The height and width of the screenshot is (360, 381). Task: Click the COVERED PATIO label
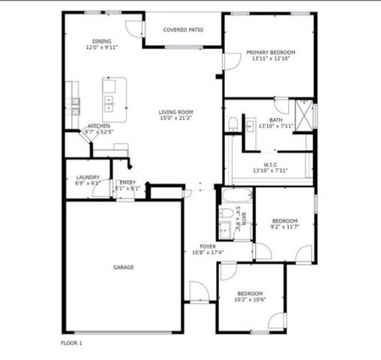click(183, 31)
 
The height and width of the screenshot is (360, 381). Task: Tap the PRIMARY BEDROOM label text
click(271, 52)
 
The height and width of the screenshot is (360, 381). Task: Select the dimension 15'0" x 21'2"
click(175, 118)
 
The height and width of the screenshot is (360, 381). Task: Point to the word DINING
click(101, 41)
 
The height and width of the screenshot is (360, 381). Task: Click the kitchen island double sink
click(109, 100)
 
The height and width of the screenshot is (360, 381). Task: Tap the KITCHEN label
click(100, 126)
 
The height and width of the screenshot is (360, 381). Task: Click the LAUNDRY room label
click(88, 177)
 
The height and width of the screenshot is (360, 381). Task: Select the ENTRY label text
click(127, 182)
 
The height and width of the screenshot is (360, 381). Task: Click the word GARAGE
click(124, 267)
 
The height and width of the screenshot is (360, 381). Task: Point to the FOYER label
click(208, 246)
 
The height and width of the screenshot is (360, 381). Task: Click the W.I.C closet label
click(271, 164)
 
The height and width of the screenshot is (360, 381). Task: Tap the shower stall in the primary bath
click(304, 114)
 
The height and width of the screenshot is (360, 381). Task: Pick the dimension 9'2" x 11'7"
click(284, 226)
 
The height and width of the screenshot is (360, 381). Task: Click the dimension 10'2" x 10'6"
click(250, 299)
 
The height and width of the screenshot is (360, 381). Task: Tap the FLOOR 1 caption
click(71, 343)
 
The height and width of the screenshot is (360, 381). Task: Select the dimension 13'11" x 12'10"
click(271, 58)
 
